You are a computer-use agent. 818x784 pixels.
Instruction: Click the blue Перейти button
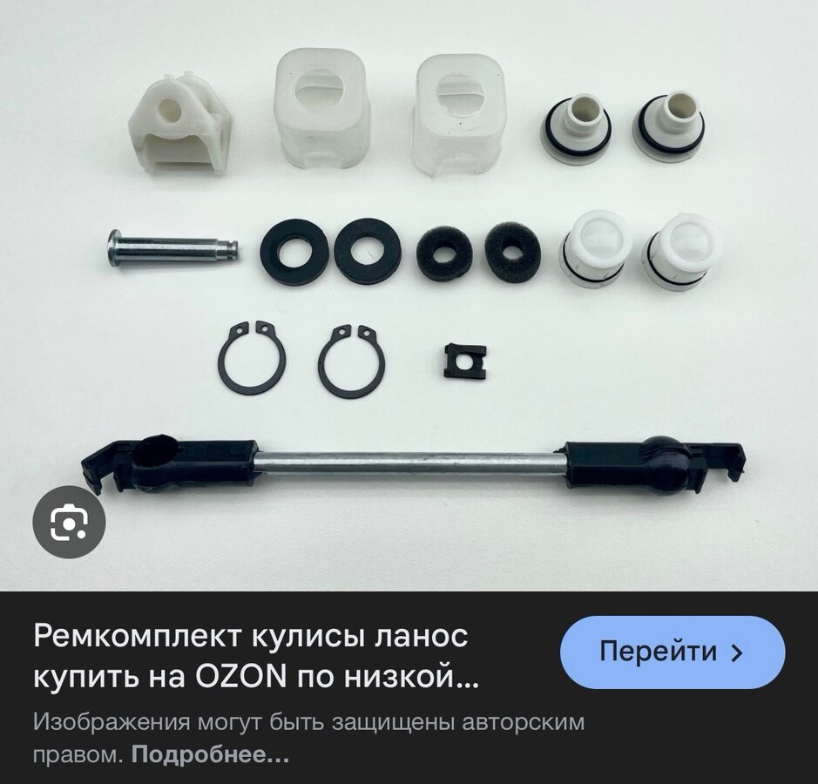tap(673, 652)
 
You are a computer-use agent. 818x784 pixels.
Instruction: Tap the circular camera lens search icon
tap(69, 522)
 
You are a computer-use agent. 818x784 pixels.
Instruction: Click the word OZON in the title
tap(240, 677)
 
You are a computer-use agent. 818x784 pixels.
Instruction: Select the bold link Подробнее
tap(210, 754)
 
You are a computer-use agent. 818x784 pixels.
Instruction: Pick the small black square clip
tap(464, 361)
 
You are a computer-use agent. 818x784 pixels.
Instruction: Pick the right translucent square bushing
tap(459, 116)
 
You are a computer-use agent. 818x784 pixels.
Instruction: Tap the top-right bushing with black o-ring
tap(668, 128)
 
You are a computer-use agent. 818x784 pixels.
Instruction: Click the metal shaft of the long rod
tap(411, 463)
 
